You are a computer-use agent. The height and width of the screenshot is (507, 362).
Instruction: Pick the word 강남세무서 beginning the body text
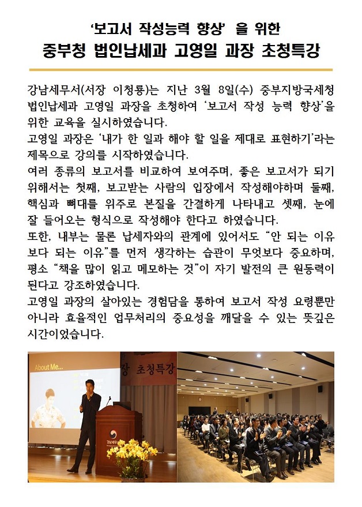pyautogui.click(x=52, y=91)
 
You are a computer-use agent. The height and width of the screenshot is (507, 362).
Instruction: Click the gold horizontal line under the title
pyautogui.click(x=180, y=70)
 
